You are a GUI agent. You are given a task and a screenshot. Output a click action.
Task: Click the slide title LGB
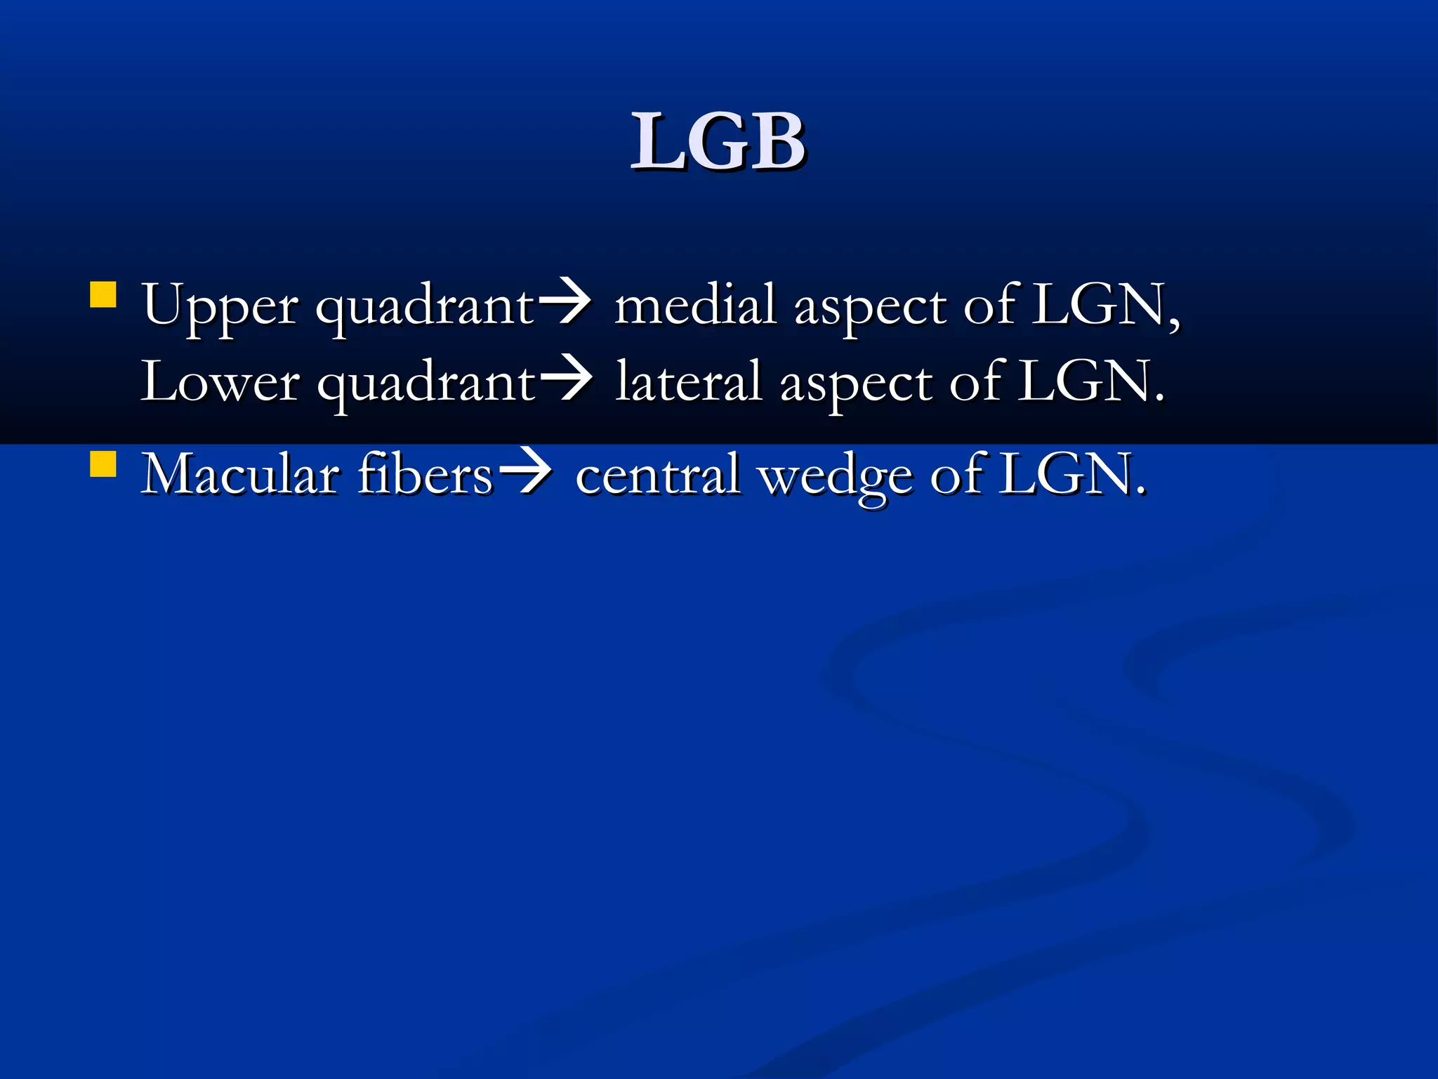tap(718, 142)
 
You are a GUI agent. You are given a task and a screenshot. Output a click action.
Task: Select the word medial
tap(695, 305)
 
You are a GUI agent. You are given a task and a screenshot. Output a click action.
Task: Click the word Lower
tap(220, 382)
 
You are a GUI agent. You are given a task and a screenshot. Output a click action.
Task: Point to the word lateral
tap(688, 382)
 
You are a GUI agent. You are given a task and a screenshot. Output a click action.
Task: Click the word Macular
tap(240, 475)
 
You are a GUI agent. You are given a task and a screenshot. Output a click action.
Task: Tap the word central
tap(658, 475)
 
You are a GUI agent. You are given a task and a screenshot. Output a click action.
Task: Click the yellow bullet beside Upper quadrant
tap(103, 296)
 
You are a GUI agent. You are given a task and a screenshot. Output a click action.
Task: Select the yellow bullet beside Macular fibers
tap(103, 464)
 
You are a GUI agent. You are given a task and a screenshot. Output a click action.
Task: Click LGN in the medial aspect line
tap(1098, 305)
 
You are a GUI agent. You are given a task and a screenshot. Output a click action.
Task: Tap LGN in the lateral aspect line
tap(1085, 382)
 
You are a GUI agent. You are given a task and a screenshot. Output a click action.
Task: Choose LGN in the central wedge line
tap(1065, 475)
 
